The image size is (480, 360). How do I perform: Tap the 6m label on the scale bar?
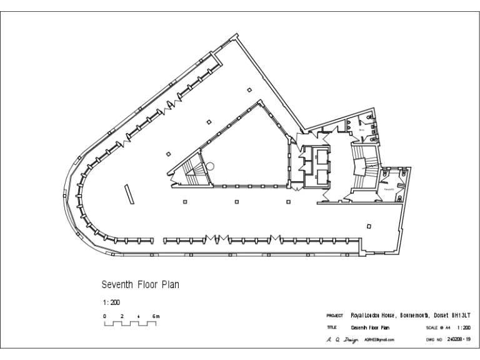click(156, 316)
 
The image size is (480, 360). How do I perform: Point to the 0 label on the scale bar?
click(105, 316)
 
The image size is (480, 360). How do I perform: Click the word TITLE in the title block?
click(331, 327)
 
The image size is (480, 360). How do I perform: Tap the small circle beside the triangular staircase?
click(211, 166)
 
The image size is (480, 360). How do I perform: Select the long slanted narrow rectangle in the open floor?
click(129, 194)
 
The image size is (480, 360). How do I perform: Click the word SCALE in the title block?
click(432, 327)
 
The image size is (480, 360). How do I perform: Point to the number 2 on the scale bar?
click(122, 316)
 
